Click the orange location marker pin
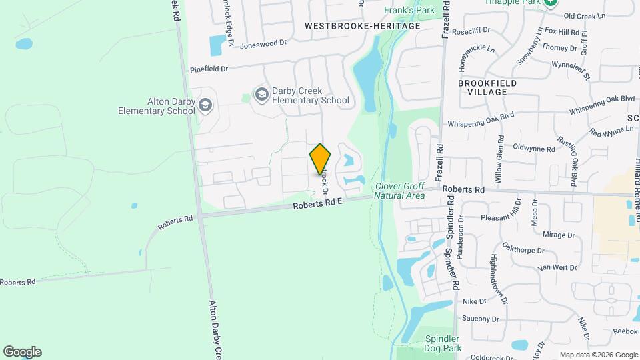[321, 159]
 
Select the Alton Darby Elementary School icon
[205, 106]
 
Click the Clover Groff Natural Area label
[399, 191]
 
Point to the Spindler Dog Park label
[443, 343]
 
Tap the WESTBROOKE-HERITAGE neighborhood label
[363, 26]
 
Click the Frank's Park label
[409, 10]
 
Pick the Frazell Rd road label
[439, 161]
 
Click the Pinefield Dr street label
[209, 69]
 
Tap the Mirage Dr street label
[558, 235]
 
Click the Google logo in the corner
[22, 352]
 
